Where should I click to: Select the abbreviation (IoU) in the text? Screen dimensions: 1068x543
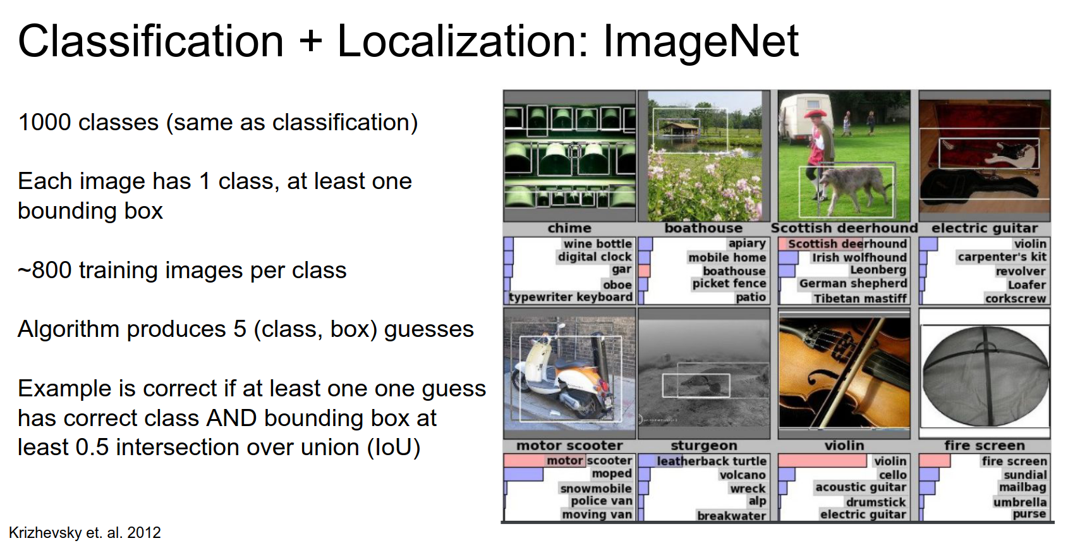(394, 448)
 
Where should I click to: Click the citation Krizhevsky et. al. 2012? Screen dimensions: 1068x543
(85, 532)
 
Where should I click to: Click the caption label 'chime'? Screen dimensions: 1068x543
(569, 228)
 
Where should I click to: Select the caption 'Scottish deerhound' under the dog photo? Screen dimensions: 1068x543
(844, 228)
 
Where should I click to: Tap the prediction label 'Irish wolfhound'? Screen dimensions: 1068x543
(859, 258)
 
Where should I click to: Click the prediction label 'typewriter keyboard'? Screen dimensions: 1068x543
(571, 298)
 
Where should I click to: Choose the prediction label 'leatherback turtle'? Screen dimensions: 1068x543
(712, 461)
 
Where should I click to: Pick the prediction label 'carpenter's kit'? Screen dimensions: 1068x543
(1002, 257)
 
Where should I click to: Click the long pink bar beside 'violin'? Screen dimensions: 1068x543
(822, 461)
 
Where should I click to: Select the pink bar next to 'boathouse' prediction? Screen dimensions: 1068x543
(644, 271)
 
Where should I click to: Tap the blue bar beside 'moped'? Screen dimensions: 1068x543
(523, 474)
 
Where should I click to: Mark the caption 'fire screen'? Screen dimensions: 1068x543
(984, 446)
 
